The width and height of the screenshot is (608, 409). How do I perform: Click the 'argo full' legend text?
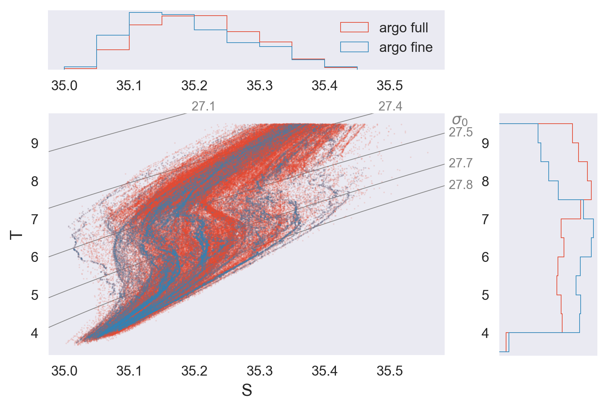pyautogui.click(x=403, y=28)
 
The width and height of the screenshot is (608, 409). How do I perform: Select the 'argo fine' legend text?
pyautogui.click(x=406, y=47)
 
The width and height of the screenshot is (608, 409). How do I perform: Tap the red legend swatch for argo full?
pyautogui.click(x=354, y=27)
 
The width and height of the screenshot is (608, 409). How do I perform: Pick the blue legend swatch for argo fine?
pyautogui.click(x=354, y=47)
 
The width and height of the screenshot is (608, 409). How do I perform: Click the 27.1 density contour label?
pyautogui.click(x=203, y=106)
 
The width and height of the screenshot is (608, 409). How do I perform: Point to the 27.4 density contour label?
pyautogui.click(x=390, y=106)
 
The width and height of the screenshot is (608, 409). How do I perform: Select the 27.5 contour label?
pyautogui.click(x=461, y=132)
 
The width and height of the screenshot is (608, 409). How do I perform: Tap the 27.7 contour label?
pyautogui.click(x=461, y=163)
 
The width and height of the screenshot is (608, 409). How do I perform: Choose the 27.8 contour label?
pyautogui.click(x=461, y=185)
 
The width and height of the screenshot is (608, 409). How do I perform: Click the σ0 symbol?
pyautogui.click(x=460, y=120)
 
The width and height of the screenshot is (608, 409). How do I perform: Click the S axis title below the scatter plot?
pyautogui.click(x=247, y=390)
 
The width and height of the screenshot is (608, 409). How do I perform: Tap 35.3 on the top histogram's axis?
pyautogui.click(x=260, y=86)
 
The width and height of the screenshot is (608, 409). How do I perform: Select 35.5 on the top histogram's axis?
pyautogui.click(x=390, y=86)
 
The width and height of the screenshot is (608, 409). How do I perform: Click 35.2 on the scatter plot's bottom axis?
pyautogui.click(x=194, y=371)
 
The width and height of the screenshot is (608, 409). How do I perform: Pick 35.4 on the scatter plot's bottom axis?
pyautogui.click(x=325, y=371)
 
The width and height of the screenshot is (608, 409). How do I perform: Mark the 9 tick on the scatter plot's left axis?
pyautogui.click(x=34, y=144)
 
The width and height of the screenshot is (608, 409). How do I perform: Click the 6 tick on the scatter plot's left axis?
pyautogui.click(x=34, y=257)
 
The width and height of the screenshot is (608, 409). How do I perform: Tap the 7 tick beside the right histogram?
pyautogui.click(x=485, y=220)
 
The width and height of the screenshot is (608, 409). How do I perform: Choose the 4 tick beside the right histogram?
pyautogui.click(x=485, y=333)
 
